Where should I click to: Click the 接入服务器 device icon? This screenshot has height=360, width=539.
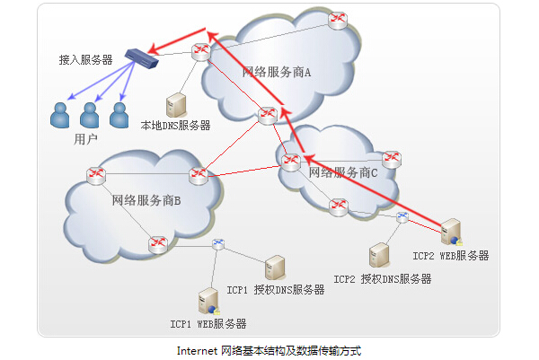(139, 58)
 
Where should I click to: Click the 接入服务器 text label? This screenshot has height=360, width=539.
(85, 60)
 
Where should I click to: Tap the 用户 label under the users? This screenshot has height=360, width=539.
(86, 139)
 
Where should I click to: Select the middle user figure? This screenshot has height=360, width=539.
(89, 115)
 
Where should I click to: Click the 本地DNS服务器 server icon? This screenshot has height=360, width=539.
(175, 105)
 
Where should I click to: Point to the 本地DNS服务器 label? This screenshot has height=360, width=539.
(176, 127)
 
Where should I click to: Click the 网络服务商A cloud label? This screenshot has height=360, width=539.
(277, 72)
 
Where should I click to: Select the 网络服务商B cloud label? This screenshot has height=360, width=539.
(146, 199)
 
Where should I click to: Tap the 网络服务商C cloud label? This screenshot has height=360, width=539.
(343, 172)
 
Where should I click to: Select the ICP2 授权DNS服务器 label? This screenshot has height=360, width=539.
(383, 279)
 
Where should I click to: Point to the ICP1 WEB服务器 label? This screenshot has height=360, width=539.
(208, 323)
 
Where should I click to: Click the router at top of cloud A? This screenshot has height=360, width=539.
(338, 20)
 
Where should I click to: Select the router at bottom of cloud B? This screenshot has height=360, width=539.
(157, 243)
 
